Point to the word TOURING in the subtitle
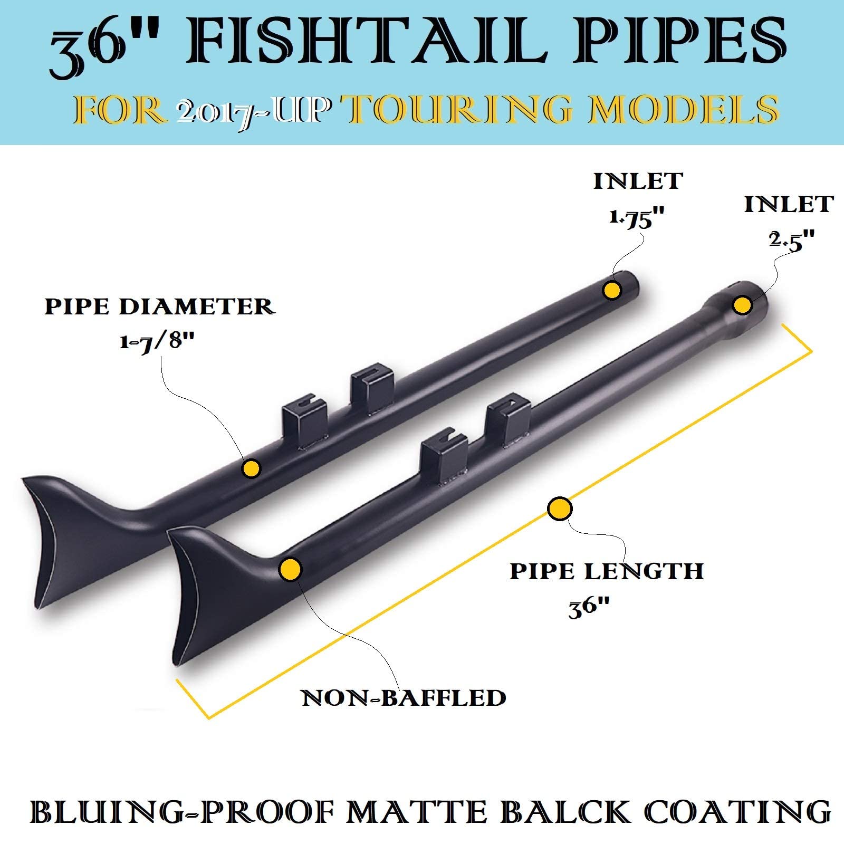pyautogui.click(x=459, y=110)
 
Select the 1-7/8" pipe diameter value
pyautogui.click(x=157, y=342)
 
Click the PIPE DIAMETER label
pyautogui.click(x=159, y=306)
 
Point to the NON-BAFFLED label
pyautogui.click(x=404, y=698)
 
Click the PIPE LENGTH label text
pyautogui.click(x=607, y=571)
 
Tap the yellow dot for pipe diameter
pyautogui.click(x=252, y=468)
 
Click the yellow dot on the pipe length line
pyautogui.click(x=560, y=509)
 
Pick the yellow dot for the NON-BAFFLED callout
pyautogui.click(x=290, y=570)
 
